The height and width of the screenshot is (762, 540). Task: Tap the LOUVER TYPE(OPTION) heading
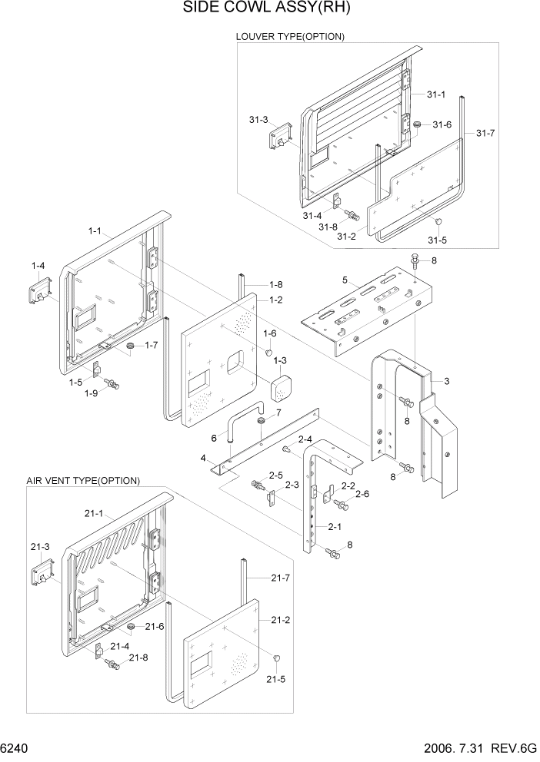point(289,36)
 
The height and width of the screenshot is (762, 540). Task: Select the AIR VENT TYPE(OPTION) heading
point(82,481)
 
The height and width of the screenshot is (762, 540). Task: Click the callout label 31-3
point(258,120)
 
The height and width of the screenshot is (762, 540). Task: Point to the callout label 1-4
point(38,266)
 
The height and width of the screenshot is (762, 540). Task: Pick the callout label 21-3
point(40,546)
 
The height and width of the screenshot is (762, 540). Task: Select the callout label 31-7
point(485,133)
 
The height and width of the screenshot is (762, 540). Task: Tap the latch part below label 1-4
point(41,291)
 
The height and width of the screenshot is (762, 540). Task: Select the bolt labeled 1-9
point(112,382)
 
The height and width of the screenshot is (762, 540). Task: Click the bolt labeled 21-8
point(113,664)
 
